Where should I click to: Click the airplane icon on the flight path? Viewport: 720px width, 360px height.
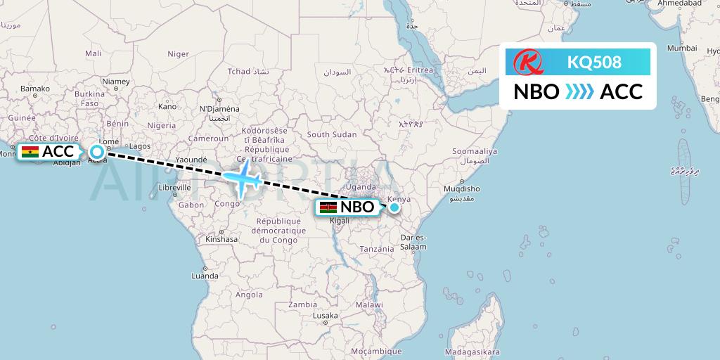tap(243, 178)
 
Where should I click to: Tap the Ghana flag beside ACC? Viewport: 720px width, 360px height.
tap(30, 152)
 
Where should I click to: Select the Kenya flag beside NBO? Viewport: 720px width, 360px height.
tap(328, 207)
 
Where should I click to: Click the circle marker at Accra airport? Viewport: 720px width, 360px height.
tap(97, 151)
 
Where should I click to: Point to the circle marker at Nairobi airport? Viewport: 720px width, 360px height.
tap(395, 207)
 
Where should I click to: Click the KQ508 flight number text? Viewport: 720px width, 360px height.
tap(594, 62)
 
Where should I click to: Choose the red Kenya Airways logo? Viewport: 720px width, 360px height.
tap(528, 62)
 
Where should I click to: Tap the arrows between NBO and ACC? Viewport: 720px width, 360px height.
tap(579, 92)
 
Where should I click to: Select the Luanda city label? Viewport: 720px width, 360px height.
tap(205, 276)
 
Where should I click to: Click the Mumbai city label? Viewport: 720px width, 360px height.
tap(681, 49)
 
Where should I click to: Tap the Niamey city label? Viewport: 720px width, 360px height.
tap(115, 82)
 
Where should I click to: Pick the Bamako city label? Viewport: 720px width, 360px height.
tap(35, 89)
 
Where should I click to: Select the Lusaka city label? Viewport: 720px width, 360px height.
tap(325, 316)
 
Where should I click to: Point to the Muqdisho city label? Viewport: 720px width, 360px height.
tap(461, 188)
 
